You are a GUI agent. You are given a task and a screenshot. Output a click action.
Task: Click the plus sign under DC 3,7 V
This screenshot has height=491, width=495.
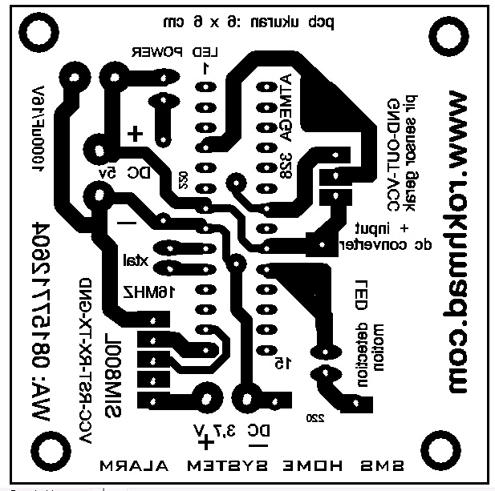(x=207, y=441)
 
